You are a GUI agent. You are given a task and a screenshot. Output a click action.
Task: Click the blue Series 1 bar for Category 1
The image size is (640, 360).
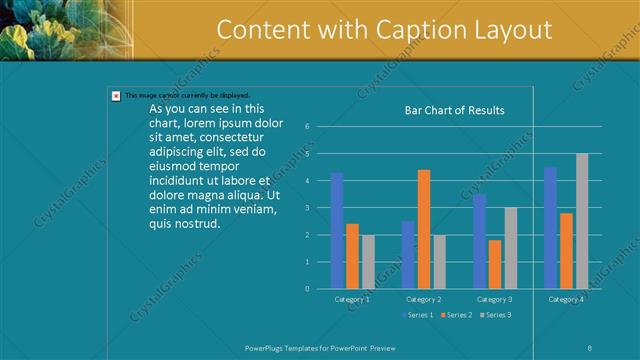point(337,230)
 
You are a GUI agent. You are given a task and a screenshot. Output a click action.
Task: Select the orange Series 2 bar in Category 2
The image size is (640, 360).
point(424,229)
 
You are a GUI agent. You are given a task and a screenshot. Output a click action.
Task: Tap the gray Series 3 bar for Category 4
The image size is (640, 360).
point(582,221)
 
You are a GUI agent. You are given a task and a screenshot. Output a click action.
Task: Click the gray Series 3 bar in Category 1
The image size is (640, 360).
point(367,262)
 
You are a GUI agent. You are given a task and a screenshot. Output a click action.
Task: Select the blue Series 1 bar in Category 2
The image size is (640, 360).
point(408,255)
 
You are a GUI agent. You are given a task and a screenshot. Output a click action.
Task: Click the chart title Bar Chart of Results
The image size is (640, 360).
point(454,110)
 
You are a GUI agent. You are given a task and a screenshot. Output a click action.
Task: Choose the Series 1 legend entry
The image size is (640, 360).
point(419,315)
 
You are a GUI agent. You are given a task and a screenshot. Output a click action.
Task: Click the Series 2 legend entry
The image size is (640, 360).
point(456,315)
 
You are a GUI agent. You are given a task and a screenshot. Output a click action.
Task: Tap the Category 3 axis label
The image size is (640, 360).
point(494,299)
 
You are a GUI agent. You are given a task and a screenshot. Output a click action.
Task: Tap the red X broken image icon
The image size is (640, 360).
point(116,96)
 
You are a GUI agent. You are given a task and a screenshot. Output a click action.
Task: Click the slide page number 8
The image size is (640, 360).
point(590,346)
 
